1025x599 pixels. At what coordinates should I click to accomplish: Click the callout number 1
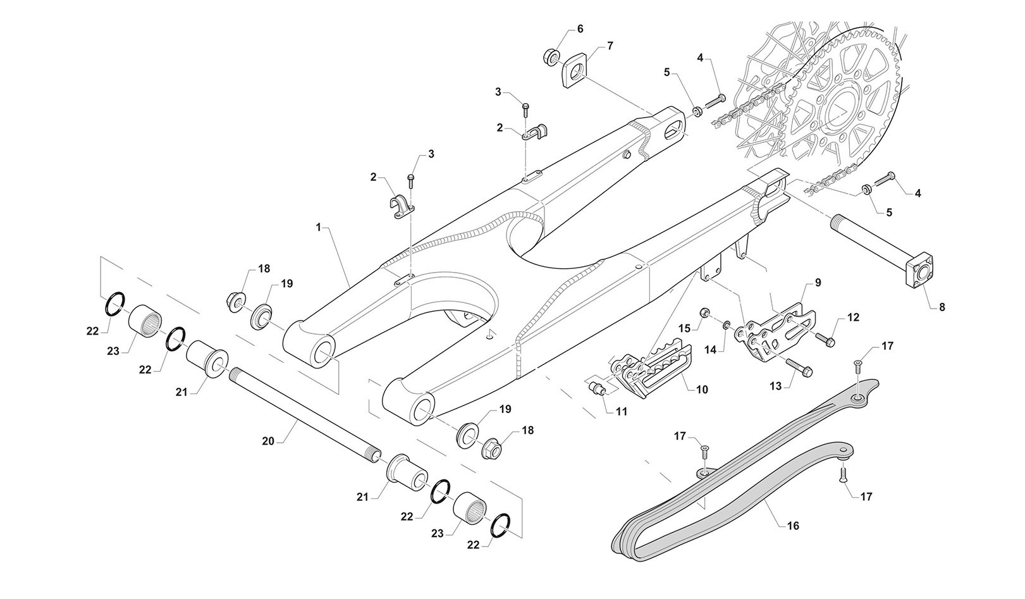(319, 226)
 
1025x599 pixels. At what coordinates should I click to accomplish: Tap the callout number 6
(580, 29)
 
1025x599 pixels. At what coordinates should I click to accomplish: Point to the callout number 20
(268, 441)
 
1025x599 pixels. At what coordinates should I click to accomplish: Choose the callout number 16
(793, 526)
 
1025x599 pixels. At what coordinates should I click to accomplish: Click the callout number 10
(702, 390)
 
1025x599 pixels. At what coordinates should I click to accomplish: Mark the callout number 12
(854, 318)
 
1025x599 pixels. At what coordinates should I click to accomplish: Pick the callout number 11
(622, 411)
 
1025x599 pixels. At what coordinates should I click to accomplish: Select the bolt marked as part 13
(799, 367)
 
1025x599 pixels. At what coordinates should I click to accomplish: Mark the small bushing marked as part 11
(597, 386)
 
